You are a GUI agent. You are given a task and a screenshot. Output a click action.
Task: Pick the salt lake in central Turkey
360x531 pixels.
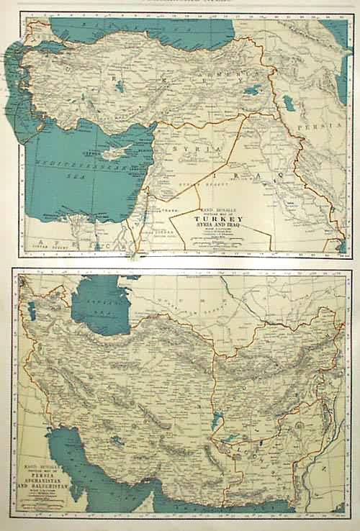118,86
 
